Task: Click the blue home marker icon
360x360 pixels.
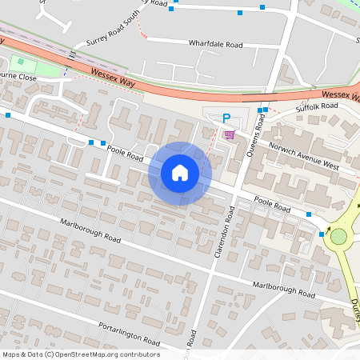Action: pos(180,173)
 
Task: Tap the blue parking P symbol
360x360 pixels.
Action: pos(226,117)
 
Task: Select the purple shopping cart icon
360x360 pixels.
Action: pos(230,134)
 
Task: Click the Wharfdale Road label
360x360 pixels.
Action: pos(215,44)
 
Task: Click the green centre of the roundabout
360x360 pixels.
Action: pos(338,236)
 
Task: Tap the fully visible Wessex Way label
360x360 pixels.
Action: pos(115,77)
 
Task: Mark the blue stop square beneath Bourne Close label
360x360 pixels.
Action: pos(8,116)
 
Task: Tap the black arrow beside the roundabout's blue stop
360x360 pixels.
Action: pos(328,227)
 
